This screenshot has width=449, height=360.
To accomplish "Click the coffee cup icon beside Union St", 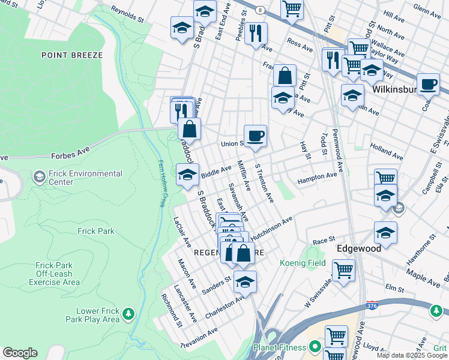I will [x=255, y=136].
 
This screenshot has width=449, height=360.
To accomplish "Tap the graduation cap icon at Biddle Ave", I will [x=187, y=175].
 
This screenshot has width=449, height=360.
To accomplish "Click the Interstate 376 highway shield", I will [x=372, y=305].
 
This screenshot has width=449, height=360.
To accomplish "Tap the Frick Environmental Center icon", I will [x=39, y=177].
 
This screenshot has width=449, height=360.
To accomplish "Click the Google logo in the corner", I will [x=20, y=353].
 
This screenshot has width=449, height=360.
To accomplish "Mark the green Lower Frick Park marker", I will [x=127, y=314].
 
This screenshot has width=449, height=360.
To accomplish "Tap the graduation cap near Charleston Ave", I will [x=245, y=281].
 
